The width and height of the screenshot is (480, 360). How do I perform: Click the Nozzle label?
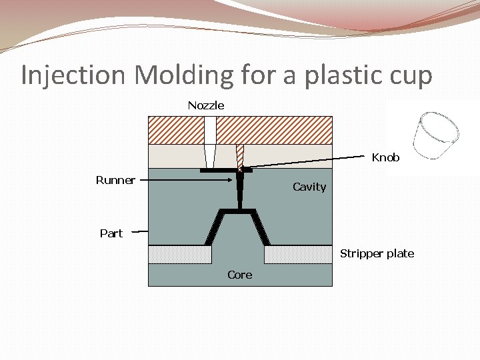(x=205, y=105)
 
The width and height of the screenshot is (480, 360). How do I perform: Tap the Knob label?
(x=385, y=158)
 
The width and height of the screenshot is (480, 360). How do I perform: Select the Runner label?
(x=115, y=180)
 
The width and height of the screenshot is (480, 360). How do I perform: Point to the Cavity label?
(x=309, y=187)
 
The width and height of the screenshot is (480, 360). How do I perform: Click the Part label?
(x=111, y=233)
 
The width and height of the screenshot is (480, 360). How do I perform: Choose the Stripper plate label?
(x=377, y=253)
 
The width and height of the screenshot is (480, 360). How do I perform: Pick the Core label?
(x=239, y=275)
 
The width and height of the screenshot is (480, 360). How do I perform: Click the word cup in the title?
(x=408, y=75)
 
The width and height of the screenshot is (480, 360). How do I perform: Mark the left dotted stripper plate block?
(x=179, y=255)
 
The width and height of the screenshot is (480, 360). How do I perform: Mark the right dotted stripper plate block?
(x=298, y=255)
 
